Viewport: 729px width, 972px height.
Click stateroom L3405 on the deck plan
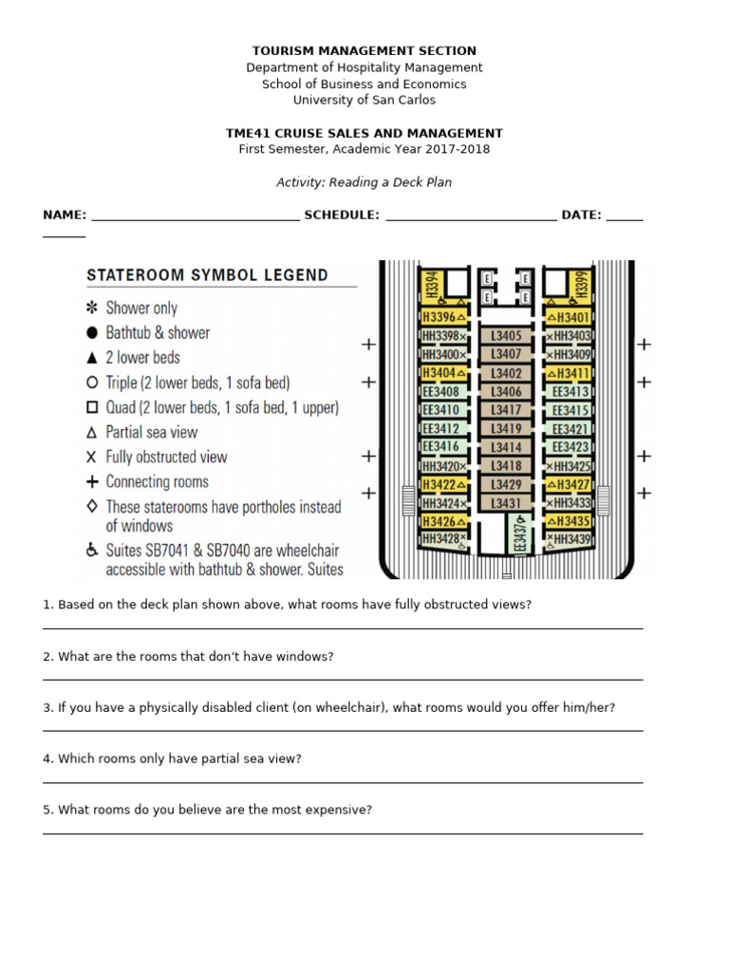(506, 335)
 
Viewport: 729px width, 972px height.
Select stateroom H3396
(443, 317)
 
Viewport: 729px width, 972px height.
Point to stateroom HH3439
(570, 539)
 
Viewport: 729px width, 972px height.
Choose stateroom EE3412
(441, 428)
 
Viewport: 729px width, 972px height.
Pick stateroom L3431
(506, 502)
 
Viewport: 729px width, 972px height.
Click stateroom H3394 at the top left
(432, 283)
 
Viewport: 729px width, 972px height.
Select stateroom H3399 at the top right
(582, 283)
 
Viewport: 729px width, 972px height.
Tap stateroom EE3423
(570, 447)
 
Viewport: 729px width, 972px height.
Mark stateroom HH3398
(443, 335)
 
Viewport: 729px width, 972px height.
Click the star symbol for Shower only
(92, 308)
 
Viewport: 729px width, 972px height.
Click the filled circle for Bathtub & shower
(92, 332)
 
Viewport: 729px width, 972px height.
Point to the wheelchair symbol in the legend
(92, 550)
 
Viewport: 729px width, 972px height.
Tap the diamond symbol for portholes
(92, 507)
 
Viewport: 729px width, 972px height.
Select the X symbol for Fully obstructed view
(92, 457)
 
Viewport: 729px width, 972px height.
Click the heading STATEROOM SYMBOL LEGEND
(208, 275)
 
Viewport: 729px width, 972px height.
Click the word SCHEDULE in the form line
(341, 215)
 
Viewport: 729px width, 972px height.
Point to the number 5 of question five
(47, 810)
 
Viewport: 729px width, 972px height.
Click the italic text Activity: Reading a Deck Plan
(364, 182)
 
